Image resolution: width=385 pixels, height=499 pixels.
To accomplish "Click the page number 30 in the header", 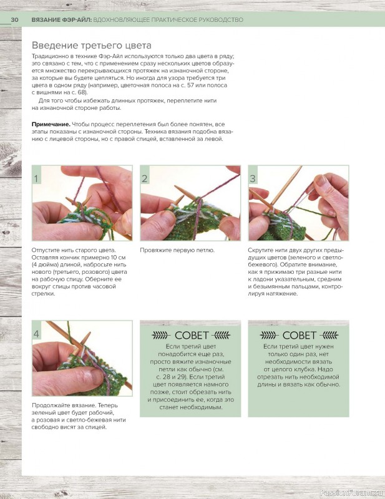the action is point(14,20).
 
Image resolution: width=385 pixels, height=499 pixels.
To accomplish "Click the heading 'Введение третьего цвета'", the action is point(91,46).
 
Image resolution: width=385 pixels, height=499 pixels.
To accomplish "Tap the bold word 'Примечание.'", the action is point(51,124).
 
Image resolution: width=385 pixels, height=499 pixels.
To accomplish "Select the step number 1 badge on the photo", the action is point(37,178).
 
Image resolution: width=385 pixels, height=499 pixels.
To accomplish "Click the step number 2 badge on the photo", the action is point(145,178).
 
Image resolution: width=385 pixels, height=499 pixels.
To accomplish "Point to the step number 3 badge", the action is point(253,178).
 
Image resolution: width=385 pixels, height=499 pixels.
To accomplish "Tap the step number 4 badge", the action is point(37,334).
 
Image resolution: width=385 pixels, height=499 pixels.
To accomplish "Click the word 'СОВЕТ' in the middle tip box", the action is point(191,336).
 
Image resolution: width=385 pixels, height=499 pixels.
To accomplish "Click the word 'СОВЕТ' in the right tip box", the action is point(299,336).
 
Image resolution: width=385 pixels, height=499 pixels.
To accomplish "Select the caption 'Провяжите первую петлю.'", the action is point(177,251).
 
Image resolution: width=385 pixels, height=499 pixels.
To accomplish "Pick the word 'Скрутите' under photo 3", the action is point(260,251).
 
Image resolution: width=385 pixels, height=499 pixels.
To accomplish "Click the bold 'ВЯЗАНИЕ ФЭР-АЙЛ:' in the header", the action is point(62,20).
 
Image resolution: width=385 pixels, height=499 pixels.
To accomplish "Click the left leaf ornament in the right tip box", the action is point(269,336).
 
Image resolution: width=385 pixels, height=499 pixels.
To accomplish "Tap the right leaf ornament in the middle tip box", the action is point(221,336).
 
